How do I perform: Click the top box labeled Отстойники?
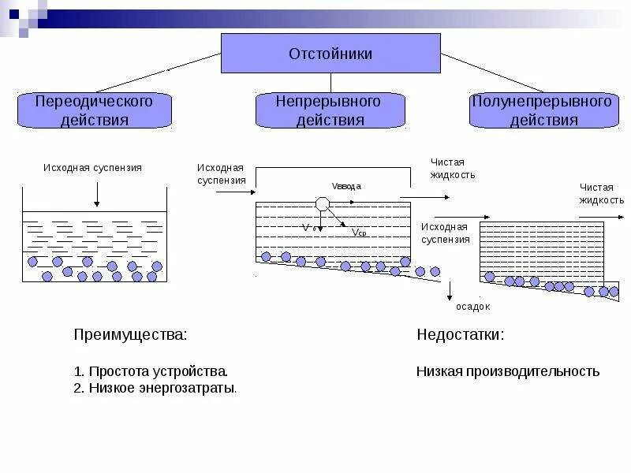330,54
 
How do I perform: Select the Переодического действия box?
94,110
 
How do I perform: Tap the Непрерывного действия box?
330,110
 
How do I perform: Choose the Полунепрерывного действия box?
543,110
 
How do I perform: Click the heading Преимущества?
130,334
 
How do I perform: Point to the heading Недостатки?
460,334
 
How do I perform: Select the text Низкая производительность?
507,371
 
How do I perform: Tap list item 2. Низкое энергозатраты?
155,388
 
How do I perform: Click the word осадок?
473,307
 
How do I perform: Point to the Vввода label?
346,186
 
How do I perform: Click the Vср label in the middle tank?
359,233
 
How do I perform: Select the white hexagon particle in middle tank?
322,203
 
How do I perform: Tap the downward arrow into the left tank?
96,193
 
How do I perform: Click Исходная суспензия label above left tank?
92,168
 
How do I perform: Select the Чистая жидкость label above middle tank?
452,168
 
